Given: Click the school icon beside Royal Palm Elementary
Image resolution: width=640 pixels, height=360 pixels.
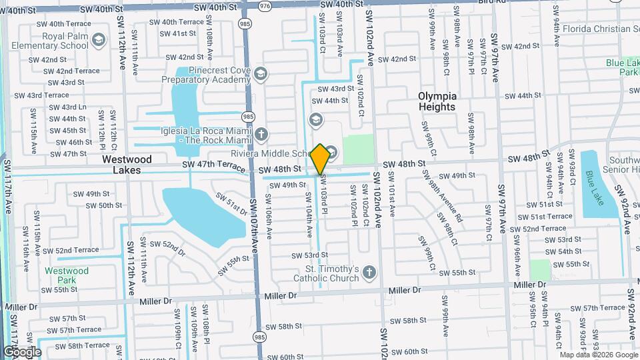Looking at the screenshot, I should (x=99, y=41).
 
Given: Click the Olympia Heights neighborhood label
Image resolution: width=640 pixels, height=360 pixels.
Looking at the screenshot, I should (x=437, y=101).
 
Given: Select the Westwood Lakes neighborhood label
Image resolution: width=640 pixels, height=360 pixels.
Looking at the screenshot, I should (x=127, y=165).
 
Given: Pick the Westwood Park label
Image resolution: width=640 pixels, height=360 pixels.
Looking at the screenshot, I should (x=67, y=276).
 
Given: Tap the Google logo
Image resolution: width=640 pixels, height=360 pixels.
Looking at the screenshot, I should (x=21, y=351).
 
